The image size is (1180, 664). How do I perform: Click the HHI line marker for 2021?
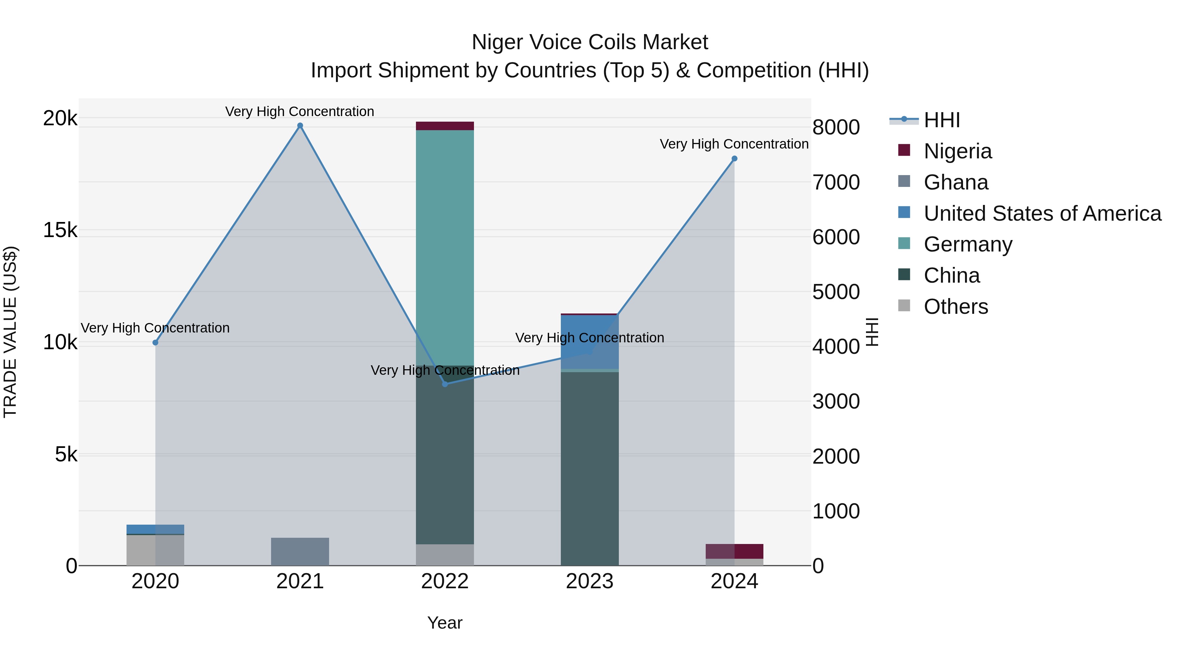[300, 126]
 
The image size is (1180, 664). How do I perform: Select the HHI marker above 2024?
[734, 159]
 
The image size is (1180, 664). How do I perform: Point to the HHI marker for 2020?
[155, 342]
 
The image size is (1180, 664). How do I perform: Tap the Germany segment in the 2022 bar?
[445, 248]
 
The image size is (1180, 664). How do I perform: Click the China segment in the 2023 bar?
[590, 467]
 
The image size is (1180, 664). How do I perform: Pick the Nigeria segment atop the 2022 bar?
[445, 126]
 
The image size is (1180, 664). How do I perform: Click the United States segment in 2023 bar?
[590, 341]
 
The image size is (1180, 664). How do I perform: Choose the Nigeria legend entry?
[957, 151]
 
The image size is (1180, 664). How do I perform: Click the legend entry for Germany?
[968, 244]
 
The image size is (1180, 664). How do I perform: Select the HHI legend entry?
[941, 120]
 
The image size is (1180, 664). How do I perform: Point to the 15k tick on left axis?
[60, 230]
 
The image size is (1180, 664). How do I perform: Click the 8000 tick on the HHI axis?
[836, 128]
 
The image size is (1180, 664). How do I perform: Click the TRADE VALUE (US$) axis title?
[10, 332]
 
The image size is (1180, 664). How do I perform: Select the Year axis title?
[445, 623]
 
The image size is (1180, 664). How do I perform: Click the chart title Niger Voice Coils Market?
[590, 42]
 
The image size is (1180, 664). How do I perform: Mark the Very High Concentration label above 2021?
[300, 111]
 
